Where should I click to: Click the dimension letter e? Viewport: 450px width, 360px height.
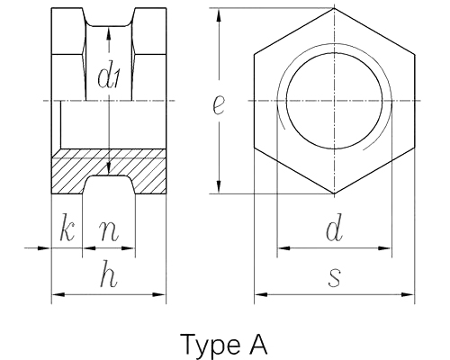[x=218, y=105]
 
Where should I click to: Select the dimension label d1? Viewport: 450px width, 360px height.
[x=109, y=77]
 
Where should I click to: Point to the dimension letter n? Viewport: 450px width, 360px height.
[x=109, y=231]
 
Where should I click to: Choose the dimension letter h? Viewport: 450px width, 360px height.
[x=109, y=274]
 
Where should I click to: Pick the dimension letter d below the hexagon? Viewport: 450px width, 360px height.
[x=334, y=228]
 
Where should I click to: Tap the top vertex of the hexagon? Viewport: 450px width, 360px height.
[x=334, y=8]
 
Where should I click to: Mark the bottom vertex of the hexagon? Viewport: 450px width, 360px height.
[x=334, y=193]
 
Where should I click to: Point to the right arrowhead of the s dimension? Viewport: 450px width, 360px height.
[x=408, y=294]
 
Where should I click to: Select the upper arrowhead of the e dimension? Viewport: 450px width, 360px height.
[x=219, y=14]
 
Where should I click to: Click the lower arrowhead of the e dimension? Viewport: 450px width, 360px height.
[x=219, y=186]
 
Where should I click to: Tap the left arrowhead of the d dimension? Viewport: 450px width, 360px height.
[x=283, y=248]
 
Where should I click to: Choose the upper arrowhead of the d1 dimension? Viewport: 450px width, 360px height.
[x=109, y=33]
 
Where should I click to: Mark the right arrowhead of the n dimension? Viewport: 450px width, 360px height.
[x=128, y=248]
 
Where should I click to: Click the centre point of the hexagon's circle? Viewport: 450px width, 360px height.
[x=334, y=101]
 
